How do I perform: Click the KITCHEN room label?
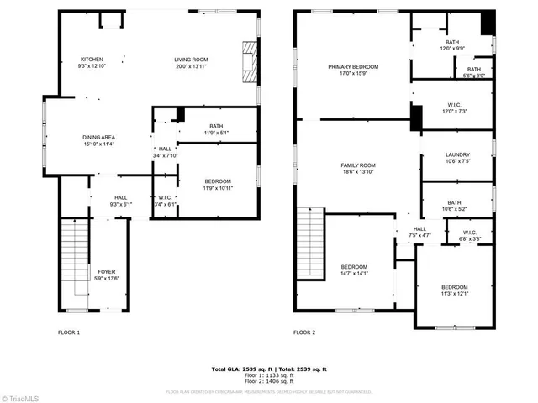92,59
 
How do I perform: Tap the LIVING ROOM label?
191,59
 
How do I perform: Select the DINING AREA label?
98,137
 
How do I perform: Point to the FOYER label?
107,271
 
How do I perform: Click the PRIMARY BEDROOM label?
353,66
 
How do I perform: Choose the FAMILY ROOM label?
357,165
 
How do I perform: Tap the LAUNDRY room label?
457,154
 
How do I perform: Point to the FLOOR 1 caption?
69,332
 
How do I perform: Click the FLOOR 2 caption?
304,332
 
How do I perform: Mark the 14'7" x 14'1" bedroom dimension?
353,273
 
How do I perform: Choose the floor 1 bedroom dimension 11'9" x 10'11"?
217,187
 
